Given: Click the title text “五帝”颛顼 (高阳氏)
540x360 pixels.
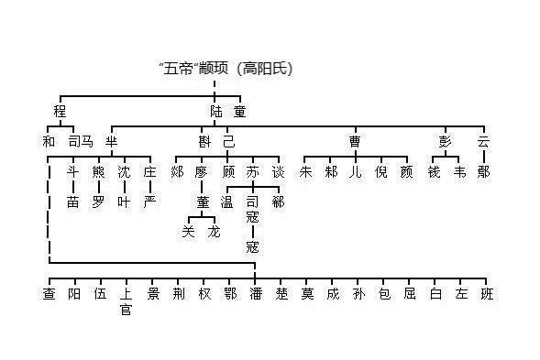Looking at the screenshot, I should (x=226, y=69).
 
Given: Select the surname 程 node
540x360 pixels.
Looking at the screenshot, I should (x=61, y=112).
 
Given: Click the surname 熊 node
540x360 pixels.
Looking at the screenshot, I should (x=98, y=171).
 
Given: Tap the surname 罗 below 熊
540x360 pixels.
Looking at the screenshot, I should (x=98, y=201).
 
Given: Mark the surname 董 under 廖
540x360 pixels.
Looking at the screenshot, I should (x=202, y=202).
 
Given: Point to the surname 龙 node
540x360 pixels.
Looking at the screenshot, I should (x=215, y=231).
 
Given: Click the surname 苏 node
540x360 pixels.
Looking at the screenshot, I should (x=253, y=171).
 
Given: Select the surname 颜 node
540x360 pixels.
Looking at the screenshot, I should (x=406, y=171).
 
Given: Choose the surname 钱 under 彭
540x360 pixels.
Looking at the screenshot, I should (x=434, y=171).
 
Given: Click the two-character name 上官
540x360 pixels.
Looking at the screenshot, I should (x=126, y=301).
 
